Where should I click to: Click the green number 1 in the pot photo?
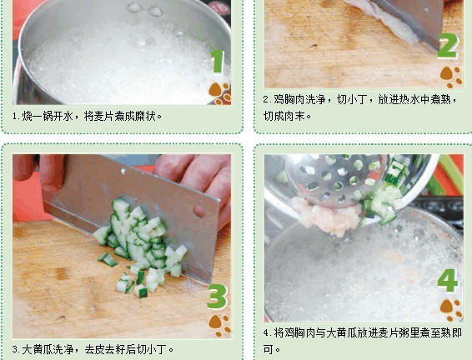(x=218, y=62)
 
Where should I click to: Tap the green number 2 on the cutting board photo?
(x=448, y=46)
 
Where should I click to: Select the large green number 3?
(x=217, y=296)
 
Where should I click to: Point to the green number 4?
(x=448, y=280)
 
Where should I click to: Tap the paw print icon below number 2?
(x=450, y=77)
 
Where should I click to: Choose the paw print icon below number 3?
(x=219, y=325)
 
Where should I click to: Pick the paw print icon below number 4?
(x=450, y=309)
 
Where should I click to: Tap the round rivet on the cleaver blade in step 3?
(x=199, y=211)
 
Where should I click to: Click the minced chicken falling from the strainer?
(x=327, y=215)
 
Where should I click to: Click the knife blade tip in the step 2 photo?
(x=437, y=48)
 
